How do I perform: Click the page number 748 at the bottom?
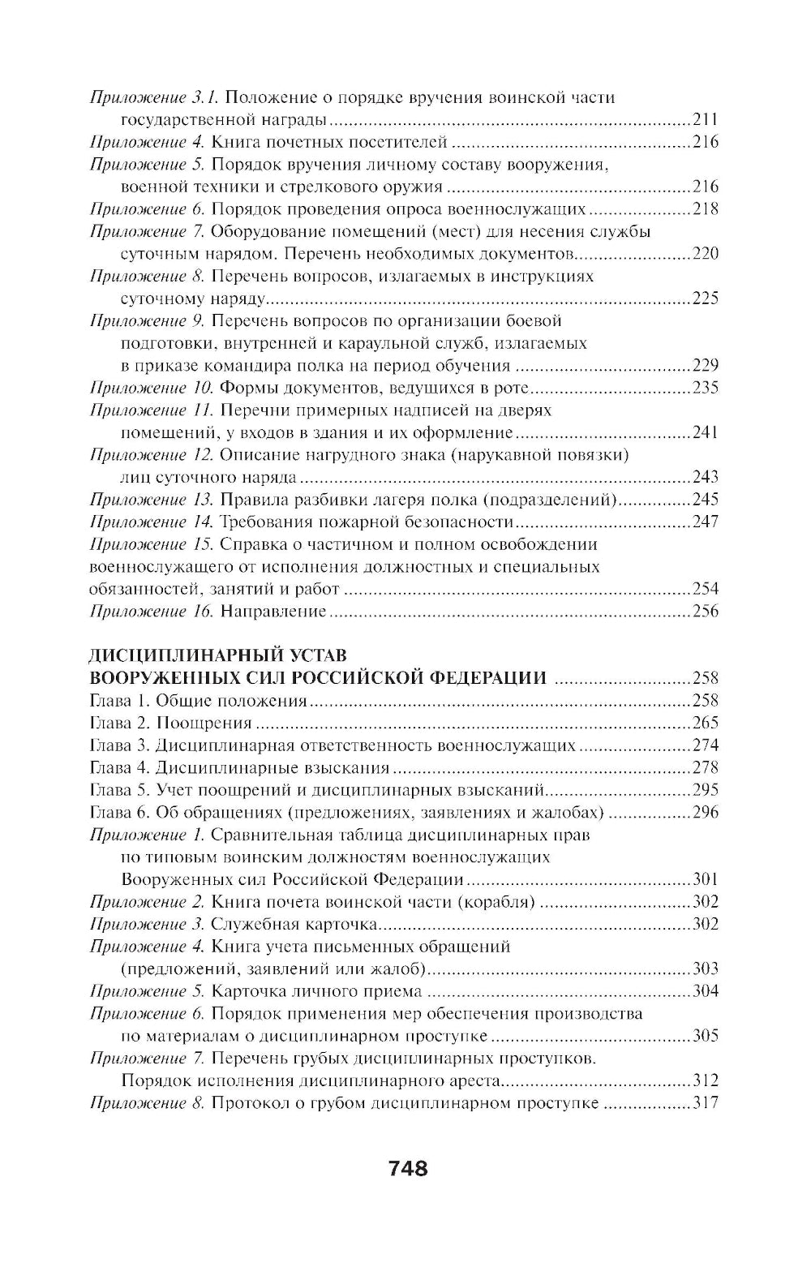click(x=407, y=1169)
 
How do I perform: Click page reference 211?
click(x=706, y=120)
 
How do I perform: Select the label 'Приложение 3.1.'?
click(x=152, y=98)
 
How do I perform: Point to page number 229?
click(x=706, y=365)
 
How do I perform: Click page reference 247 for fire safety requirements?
click(x=706, y=522)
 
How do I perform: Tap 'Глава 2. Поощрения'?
click(x=169, y=723)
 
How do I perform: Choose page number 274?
click(x=706, y=745)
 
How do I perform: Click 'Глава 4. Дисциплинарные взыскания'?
click(x=239, y=767)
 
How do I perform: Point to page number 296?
click(x=706, y=812)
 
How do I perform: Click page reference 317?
click(x=706, y=1103)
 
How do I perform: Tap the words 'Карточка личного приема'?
click(x=316, y=991)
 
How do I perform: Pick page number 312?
click(x=706, y=1080)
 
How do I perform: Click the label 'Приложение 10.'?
click(x=152, y=387)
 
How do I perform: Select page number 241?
click(x=706, y=432)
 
